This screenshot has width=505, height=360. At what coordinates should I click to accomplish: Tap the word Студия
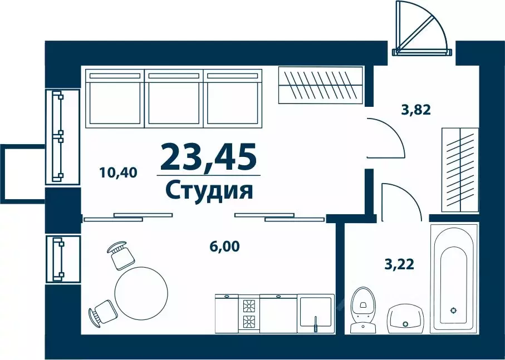(209, 190)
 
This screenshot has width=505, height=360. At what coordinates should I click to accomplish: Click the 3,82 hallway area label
(416, 110)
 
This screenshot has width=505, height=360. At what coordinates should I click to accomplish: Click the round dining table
(141, 293)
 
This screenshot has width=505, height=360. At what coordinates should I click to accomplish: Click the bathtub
(454, 279)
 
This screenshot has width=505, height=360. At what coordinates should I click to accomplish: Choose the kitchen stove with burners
(249, 313)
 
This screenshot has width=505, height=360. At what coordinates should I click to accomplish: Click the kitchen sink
(316, 313)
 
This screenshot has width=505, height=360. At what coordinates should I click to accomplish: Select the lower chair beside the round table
(102, 312)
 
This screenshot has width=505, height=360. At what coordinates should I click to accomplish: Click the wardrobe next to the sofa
(320, 85)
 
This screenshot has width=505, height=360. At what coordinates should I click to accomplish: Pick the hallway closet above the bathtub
(460, 169)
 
